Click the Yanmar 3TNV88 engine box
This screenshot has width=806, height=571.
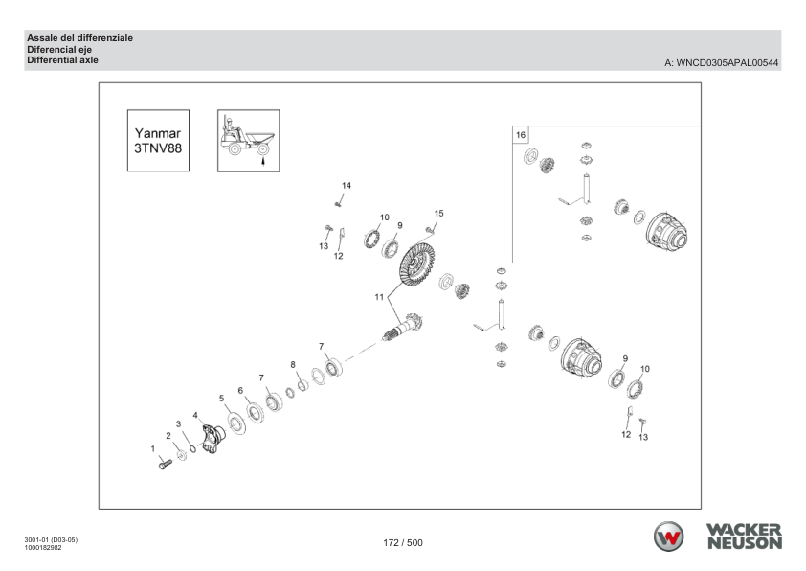point(158,141)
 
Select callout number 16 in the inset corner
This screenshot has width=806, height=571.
point(521,135)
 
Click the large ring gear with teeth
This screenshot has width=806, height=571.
point(416,263)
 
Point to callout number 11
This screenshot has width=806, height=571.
point(379,297)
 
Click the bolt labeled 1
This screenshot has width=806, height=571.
point(165,465)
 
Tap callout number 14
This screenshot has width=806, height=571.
point(347,185)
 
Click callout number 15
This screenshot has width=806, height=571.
point(438,213)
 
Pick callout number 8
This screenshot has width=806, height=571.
point(293,365)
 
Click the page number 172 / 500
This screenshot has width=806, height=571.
point(403,542)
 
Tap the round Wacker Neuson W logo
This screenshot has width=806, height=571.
point(668,537)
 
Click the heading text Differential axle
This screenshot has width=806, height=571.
point(62,60)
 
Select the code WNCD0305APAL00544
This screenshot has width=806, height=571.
point(727,63)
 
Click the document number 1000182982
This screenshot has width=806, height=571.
point(43,548)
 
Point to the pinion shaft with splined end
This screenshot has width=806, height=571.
point(402,328)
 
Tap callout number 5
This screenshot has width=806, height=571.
point(221,399)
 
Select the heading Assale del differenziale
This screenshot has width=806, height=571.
point(79,38)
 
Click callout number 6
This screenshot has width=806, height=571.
point(240,391)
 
